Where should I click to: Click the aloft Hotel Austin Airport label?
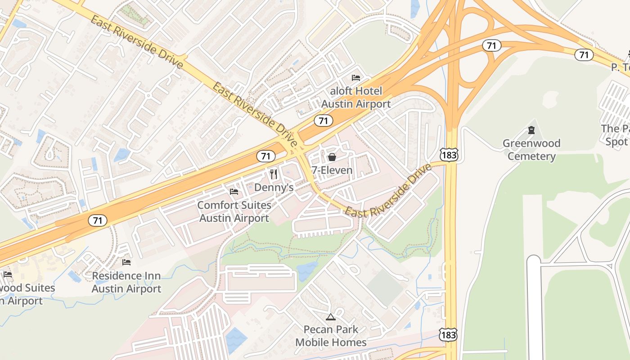[355, 98]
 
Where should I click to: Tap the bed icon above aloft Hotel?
[356, 78]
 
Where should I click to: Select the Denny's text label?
[274, 187]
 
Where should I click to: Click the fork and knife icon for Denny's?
[274, 174]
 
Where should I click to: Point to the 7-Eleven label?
[332, 171]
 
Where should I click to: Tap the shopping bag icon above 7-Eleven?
[332, 157]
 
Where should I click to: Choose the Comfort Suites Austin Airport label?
[234, 211]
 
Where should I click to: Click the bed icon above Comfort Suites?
[234, 192]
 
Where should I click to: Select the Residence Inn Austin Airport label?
[126, 282]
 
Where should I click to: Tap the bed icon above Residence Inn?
[126, 262]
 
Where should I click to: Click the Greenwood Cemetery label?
[531, 150]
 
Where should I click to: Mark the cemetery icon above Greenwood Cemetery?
[531, 130]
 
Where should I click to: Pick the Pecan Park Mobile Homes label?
[331, 336]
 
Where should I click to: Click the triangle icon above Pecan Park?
[331, 317]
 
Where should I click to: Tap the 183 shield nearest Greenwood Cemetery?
[449, 154]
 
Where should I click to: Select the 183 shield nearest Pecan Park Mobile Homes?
[449, 335]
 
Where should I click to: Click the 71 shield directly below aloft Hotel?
[324, 121]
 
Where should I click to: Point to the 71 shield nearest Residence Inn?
[98, 220]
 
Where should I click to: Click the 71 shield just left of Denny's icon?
[266, 156]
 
